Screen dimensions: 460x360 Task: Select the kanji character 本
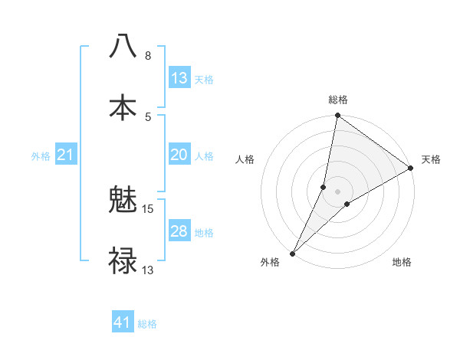point(123,106)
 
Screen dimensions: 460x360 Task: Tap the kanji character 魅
point(123,201)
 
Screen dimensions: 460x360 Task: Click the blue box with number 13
point(179,78)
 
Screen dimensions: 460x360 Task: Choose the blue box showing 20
point(179,155)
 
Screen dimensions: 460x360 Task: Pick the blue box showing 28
point(179,231)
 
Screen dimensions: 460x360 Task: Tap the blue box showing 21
point(66,155)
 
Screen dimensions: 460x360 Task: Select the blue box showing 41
point(123,323)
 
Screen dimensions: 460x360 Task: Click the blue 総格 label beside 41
point(147,324)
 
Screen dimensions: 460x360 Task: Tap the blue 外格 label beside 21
point(41,156)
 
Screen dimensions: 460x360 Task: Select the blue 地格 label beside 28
point(204,232)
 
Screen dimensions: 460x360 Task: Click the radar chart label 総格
point(338,100)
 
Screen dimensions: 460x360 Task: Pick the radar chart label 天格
point(431,159)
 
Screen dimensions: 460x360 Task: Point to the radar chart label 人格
point(245,159)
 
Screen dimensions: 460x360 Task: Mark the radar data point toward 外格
point(293,253)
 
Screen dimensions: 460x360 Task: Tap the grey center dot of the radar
point(338,191)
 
